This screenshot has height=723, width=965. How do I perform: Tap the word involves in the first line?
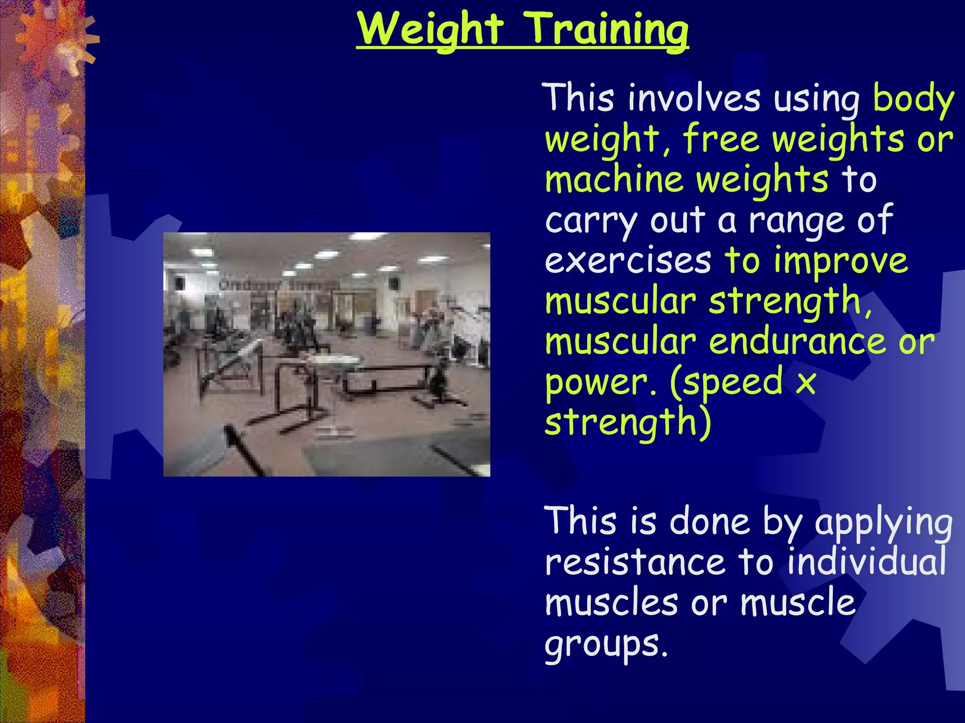click(694, 99)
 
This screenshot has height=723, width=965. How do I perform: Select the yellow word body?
click(913, 99)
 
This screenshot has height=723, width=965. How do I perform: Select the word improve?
click(841, 262)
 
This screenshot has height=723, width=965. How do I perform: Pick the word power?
click(600, 383)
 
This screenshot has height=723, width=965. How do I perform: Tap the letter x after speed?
click(805, 382)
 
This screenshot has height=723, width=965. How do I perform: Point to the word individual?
click(867, 562)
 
